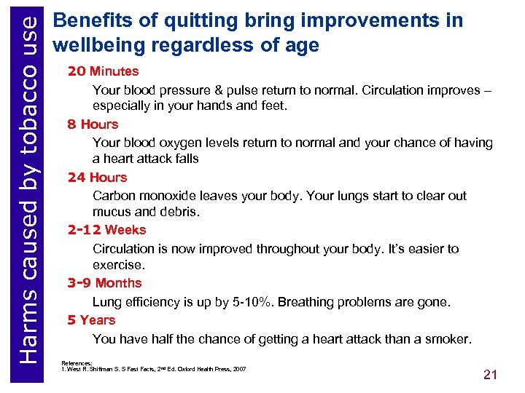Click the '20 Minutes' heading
click(x=103, y=71)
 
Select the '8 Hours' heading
click(x=93, y=124)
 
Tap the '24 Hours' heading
click(x=97, y=178)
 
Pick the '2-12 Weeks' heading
click(x=106, y=230)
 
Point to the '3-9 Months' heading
click(x=104, y=283)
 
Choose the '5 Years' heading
click(x=91, y=320)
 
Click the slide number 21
click(x=490, y=375)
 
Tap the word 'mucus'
click(x=112, y=212)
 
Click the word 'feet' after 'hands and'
click(x=272, y=106)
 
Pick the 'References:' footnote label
click(x=77, y=362)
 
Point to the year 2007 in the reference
click(x=238, y=369)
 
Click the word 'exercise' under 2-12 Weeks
click(x=118, y=265)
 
